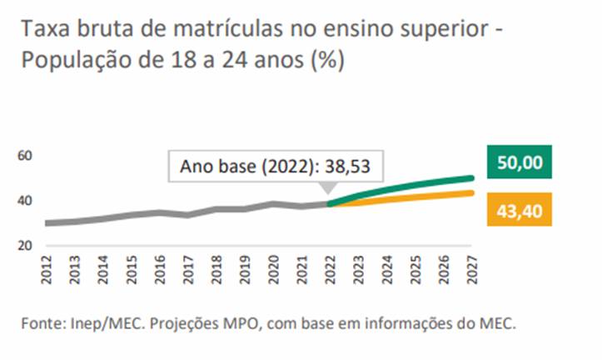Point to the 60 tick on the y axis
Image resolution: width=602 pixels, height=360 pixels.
click(24, 156)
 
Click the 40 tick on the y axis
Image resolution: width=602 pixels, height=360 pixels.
click(24, 201)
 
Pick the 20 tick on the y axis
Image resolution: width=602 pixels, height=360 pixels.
click(24, 247)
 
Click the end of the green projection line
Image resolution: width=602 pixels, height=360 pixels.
click(470, 177)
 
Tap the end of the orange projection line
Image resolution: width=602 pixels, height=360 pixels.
click(470, 193)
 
